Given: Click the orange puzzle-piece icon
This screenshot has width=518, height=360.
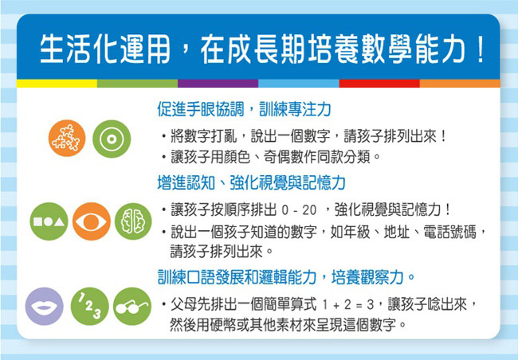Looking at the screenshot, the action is (x=67, y=138).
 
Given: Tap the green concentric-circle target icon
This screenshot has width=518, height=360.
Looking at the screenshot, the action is (x=112, y=139).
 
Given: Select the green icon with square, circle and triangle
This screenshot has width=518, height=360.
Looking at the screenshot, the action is (x=49, y=221).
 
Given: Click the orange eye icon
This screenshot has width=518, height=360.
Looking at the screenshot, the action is (x=91, y=221).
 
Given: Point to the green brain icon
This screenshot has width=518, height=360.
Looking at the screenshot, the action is (x=133, y=221).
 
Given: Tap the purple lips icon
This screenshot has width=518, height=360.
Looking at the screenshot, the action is (x=45, y=306).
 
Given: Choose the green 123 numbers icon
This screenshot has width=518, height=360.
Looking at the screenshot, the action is (x=89, y=306).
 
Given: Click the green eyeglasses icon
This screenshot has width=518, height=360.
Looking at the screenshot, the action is (x=132, y=306).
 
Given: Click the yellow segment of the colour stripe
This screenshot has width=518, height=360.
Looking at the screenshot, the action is (x=57, y=83).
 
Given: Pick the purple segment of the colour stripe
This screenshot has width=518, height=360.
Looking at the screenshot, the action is (x=218, y=83).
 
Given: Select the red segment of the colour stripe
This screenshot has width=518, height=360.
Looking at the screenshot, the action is (x=379, y=83).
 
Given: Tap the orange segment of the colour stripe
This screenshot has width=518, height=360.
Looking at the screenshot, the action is (x=460, y=83).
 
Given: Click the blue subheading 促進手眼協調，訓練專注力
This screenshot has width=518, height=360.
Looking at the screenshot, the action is (x=244, y=109).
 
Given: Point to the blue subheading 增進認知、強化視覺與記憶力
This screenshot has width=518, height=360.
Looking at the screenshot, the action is (x=251, y=182).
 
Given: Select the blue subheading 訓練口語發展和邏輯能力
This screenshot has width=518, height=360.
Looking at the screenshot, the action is (x=237, y=277).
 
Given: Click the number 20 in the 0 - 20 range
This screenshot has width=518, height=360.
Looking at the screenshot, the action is (x=309, y=210).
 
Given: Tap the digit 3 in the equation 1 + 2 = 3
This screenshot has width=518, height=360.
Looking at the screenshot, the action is (x=370, y=305).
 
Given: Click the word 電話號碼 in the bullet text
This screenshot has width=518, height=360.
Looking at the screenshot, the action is (x=450, y=232).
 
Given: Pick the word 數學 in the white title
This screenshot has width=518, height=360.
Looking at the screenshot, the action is (x=387, y=49).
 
